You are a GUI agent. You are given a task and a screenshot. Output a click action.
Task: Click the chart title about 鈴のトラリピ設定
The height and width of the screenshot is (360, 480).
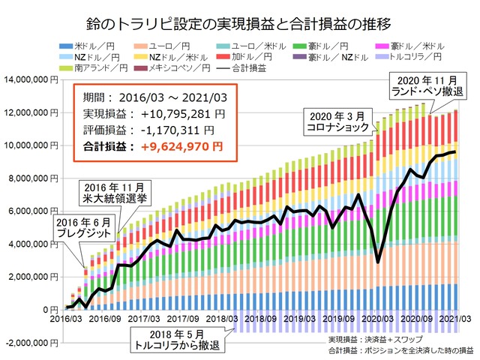coord(240,14)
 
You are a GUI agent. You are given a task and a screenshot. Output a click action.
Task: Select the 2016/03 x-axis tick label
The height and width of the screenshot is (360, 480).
coord(65,319)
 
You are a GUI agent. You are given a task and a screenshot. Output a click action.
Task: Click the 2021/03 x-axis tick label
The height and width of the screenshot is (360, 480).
coord(453,319)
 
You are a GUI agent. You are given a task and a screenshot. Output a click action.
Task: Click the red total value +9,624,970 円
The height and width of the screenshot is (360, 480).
coord(180,145)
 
